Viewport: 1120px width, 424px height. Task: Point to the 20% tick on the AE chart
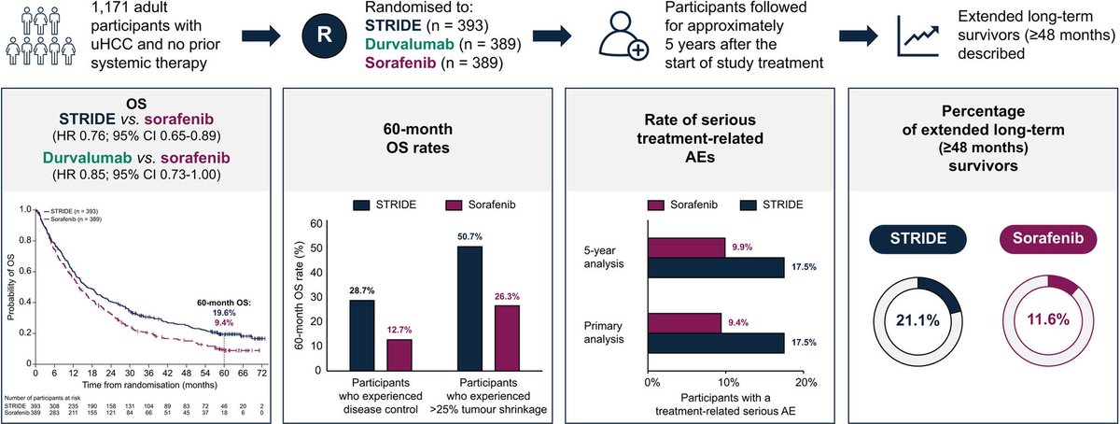click(805, 382)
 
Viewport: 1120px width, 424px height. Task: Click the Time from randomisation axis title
click(144, 385)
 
